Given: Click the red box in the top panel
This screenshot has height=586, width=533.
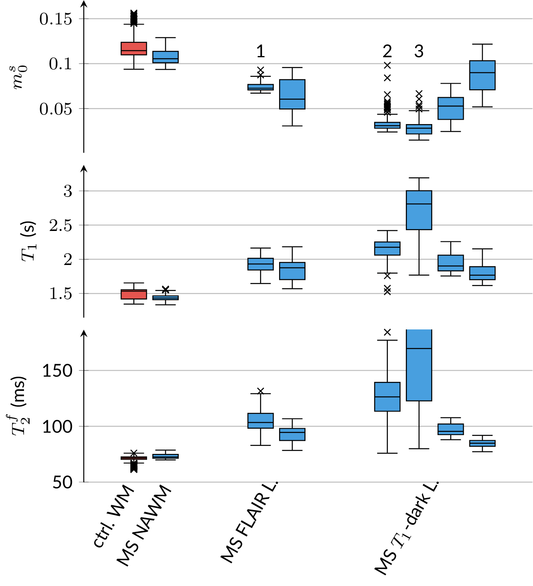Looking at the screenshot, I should point(134,48).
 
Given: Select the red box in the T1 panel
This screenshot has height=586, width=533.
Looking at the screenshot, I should point(134,295).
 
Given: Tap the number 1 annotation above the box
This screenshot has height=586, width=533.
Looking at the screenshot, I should point(260,52).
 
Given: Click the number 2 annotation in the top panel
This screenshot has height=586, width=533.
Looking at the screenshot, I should point(387,52).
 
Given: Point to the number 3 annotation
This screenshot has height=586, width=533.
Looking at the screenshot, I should point(419,52).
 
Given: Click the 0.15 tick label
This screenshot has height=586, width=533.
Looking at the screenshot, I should point(56,19).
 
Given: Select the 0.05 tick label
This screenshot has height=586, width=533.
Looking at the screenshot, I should point(56,108).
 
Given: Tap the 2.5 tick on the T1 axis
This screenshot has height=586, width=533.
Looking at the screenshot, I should point(61,226).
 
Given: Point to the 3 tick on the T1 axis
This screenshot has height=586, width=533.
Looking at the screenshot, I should point(68,191).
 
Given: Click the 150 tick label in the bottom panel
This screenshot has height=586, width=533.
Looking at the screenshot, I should point(58,371).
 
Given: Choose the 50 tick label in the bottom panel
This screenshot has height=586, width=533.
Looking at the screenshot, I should point(62,482).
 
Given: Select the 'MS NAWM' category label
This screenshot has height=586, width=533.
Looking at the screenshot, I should point(144,526).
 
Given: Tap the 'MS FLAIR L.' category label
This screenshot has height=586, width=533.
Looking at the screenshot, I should point(249,522).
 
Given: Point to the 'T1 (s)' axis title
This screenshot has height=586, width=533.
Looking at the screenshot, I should point(29,241).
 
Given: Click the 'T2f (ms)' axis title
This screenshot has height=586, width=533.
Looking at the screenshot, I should point(19,405).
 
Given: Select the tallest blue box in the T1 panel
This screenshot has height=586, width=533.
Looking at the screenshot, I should point(419,210).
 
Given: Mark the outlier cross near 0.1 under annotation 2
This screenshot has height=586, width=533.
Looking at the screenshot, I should point(387,65).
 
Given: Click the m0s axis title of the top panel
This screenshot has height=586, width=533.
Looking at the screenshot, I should point(19,77).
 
